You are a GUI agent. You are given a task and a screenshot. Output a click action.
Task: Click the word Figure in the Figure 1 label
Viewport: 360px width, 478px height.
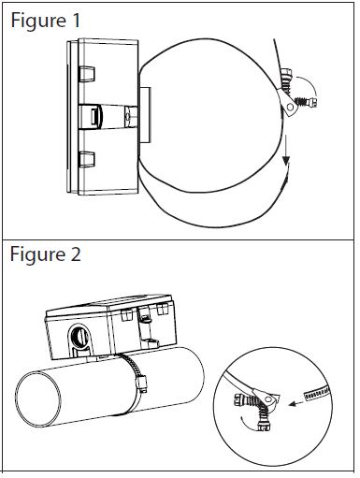38,21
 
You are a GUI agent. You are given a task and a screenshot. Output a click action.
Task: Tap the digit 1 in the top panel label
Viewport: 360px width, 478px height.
76,21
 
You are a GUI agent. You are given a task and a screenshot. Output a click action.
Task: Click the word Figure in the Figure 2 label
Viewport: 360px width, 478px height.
37,254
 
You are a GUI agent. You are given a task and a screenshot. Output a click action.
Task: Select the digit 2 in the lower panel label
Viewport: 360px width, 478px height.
76,254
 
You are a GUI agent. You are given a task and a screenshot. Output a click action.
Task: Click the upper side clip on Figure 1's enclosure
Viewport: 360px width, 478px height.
86,74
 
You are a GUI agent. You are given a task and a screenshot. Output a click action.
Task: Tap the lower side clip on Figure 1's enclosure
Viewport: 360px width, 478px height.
86,159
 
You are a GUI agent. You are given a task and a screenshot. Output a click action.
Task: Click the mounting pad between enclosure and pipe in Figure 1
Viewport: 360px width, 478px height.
145,115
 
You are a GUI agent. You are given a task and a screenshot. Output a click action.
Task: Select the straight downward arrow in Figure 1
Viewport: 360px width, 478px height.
285,151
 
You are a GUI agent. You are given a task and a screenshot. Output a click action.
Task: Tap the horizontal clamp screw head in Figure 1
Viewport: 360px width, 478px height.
312,103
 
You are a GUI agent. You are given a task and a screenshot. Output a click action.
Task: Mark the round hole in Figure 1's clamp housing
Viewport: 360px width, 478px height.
291,108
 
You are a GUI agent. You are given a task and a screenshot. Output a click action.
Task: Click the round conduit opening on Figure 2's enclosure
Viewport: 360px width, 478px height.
79,337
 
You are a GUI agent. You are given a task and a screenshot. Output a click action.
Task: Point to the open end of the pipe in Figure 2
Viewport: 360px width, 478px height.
38,400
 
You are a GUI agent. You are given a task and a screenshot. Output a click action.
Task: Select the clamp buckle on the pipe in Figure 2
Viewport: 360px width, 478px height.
141,384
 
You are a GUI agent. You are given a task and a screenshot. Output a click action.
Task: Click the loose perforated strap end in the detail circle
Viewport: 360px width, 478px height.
317,394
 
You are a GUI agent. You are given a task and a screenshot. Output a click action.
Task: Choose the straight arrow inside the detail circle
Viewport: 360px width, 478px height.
296,402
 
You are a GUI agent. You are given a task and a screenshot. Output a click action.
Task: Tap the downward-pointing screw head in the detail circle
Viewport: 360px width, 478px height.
264,426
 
